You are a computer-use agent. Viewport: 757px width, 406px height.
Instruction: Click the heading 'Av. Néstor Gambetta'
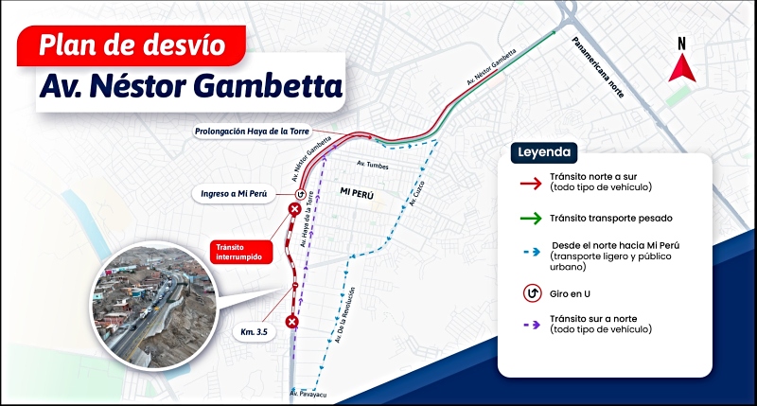[x=189, y=87]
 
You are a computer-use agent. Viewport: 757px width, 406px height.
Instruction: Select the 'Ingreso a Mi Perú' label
[x=233, y=194]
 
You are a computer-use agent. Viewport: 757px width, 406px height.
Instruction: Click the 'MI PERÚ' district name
[x=358, y=192]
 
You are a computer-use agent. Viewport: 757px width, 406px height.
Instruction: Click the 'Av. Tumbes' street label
[x=371, y=166]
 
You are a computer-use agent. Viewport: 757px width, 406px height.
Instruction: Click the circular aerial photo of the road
[x=155, y=303]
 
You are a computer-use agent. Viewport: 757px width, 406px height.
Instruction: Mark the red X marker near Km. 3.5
[x=292, y=323]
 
